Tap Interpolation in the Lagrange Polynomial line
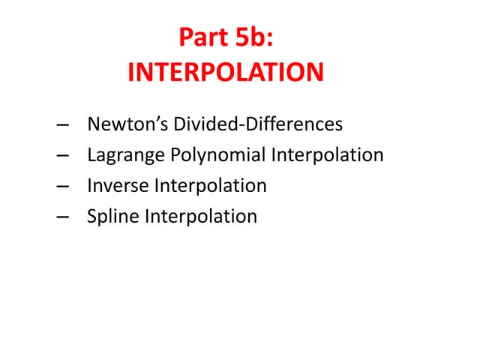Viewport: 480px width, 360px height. click(x=327, y=155)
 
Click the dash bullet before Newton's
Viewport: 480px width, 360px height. click(x=63, y=125)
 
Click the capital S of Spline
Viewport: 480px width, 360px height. click(x=91, y=217)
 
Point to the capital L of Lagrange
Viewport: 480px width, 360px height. click(x=91, y=155)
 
